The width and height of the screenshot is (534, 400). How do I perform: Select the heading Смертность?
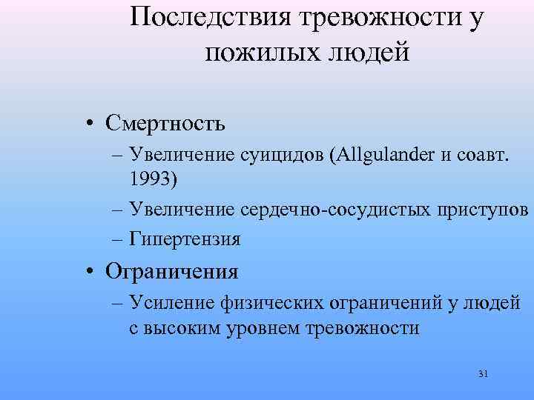[x=165, y=123]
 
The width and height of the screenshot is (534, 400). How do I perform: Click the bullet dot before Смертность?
[x=88, y=124]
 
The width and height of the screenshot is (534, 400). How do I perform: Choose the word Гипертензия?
[x=185, y=239]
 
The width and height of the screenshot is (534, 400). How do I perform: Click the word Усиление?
[x=172, y=303]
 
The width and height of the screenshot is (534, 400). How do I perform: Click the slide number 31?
[x=483, y=374]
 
